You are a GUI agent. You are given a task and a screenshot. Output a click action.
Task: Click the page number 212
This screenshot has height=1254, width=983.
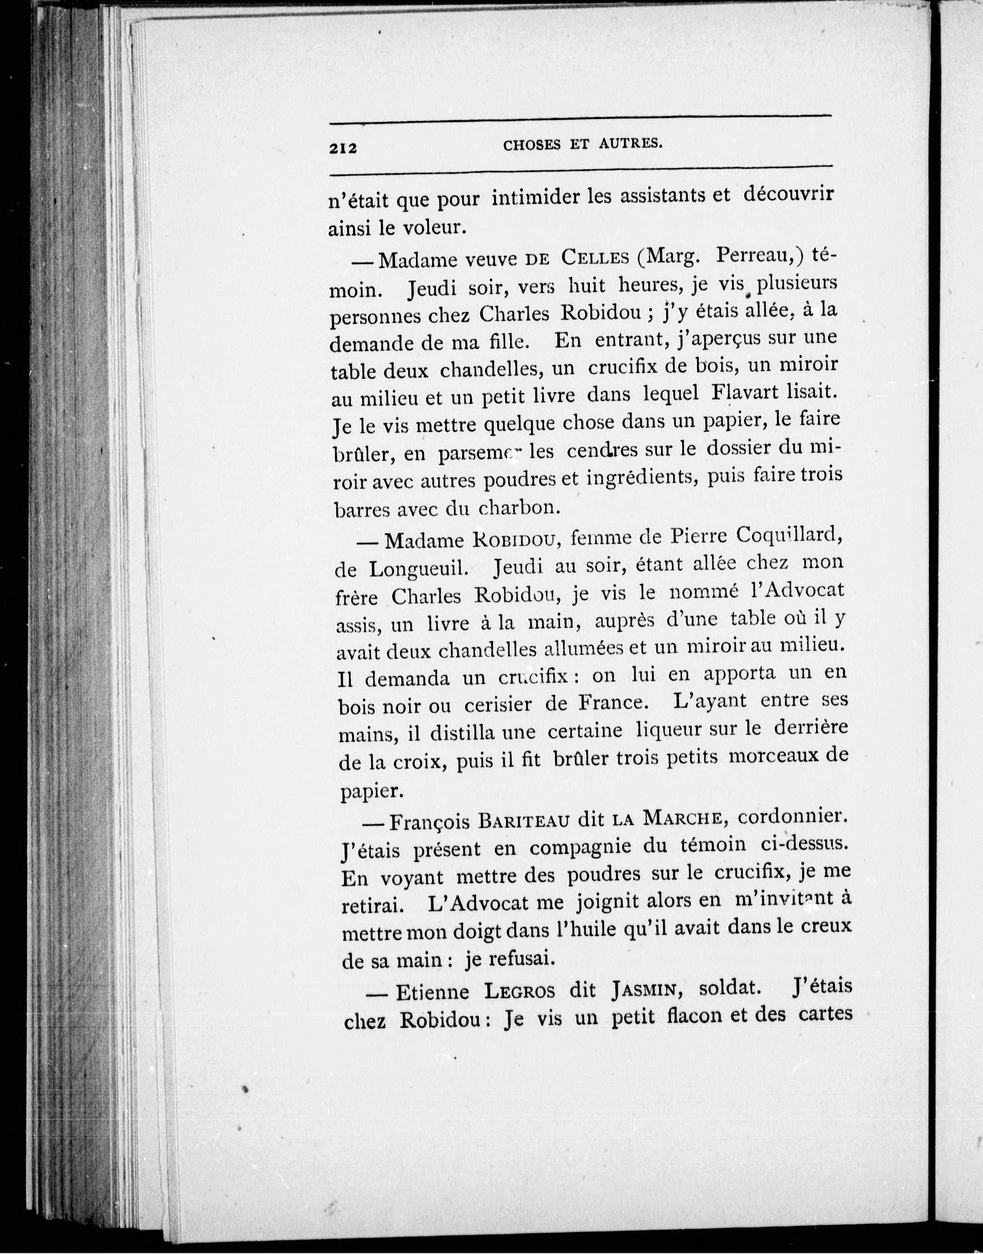click(343, 148)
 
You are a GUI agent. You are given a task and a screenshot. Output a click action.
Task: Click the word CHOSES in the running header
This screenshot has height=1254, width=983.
click(532, 145)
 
